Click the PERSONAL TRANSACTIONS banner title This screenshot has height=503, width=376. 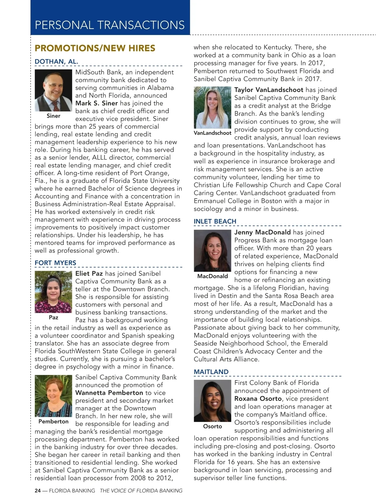110,25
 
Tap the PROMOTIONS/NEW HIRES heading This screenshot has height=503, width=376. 95,48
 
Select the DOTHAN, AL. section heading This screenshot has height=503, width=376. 56,62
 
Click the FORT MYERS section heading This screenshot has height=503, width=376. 55,263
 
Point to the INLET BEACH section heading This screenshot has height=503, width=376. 215,221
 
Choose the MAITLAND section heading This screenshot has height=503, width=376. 211,372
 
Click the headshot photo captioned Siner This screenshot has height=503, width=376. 53,90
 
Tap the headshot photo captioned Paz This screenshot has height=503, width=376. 53,292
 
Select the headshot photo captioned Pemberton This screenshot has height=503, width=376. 53,396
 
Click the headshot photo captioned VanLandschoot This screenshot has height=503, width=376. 212,107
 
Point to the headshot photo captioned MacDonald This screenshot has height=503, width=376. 212,251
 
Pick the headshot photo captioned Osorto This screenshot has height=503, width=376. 212,401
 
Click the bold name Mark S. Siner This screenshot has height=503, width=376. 97,103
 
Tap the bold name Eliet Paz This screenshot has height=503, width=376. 89,274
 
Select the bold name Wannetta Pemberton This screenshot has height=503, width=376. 109,393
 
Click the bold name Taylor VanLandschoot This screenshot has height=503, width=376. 269,90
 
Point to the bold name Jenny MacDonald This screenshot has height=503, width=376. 263,232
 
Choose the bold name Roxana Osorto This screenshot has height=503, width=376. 258,399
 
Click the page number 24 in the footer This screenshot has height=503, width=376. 38,491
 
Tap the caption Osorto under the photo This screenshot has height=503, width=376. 212,426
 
